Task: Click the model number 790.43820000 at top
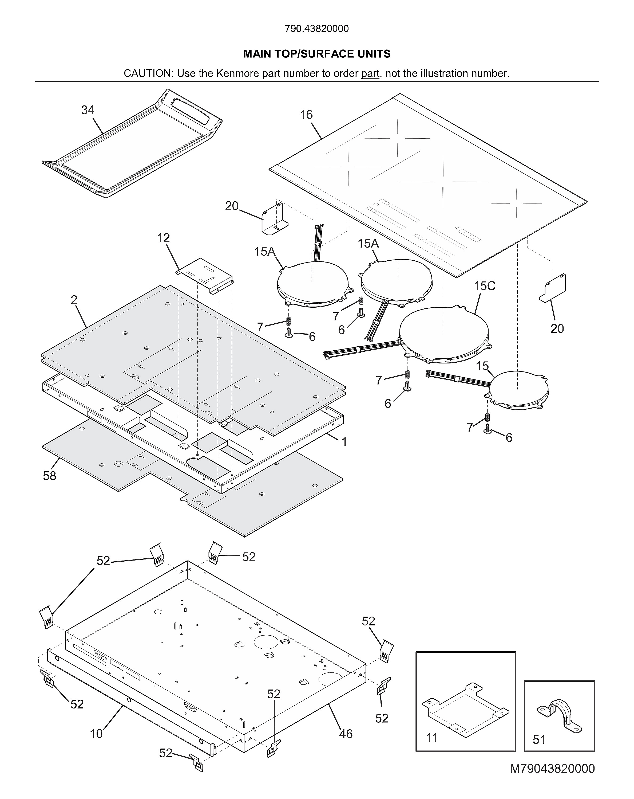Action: click(317, 29)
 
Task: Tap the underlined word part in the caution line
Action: click(370, 73)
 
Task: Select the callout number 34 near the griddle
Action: click(88, 110)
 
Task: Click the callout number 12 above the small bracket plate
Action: click(163, 238)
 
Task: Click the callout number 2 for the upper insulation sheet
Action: click(74, 300)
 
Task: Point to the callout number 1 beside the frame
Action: click(344, 441)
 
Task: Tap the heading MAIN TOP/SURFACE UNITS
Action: click(317, 54)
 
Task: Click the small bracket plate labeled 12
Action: click(205, 275)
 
